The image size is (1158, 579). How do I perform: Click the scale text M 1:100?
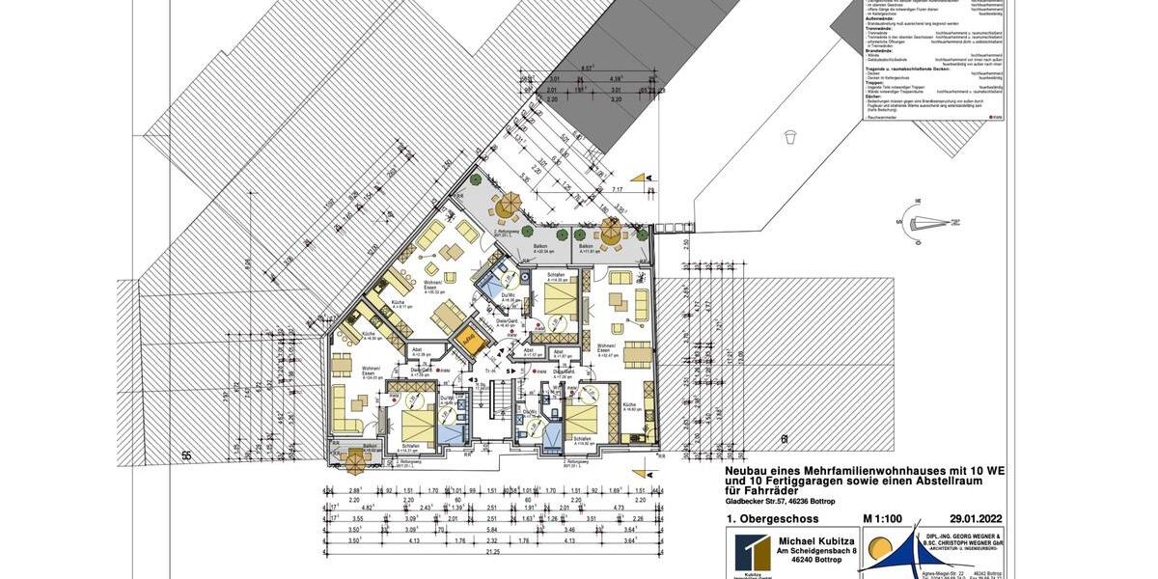(x=883, y=519)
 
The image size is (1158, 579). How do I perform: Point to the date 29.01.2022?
(x=976, y=519)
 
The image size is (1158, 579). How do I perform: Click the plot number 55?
(x=186, y=454)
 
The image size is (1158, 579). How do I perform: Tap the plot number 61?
(x=785, y=439)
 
